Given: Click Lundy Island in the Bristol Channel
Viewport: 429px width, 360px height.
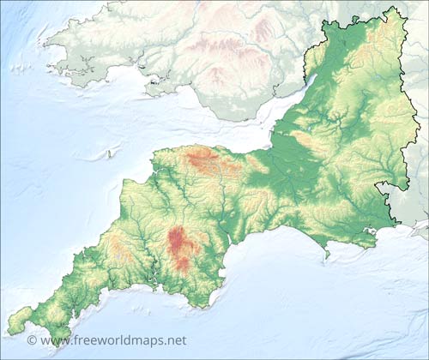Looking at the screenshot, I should (x=109, y=154).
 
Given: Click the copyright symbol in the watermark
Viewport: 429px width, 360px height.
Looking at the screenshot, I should (x=32, y=340).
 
